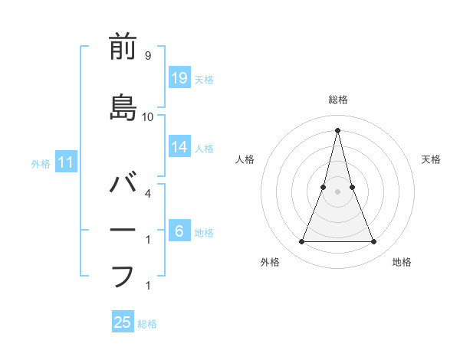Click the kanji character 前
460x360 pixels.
pyautogui.click(x=123, y=47)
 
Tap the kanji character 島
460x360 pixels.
pyautogui.click(x=123, y=107)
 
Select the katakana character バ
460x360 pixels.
pyautogui.click(x=123, y=185)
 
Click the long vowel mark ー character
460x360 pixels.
pyautogui.click(x=123, y=231)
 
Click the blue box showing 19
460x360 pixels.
pyautogui.click(x=179, y=77)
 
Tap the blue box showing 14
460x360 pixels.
pyautogui.click(x=179, y=146)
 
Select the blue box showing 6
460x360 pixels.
pyautogui.click(x=179, y=231)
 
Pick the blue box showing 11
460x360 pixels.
pyautogui.click(x=67, y=162)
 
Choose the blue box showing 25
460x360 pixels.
pyautogui.click(x=123, y=322)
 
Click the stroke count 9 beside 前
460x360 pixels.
pyautogui.click(x=147, y=56)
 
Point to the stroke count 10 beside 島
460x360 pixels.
pyautogui.click(x=147, y=116)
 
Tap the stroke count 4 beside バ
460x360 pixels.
pyautogui.click(x=147, y=193)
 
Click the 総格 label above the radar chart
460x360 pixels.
pyautogui.click(x=338, y=100)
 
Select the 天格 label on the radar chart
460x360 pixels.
pyautogui.click(x=431, y=159)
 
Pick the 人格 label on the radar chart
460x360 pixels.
pyautogui.click(x=245, y=159)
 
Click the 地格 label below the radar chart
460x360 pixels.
pyautogui.click(x=402, y=262)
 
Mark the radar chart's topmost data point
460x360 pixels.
pyautogui.click(x=338, y=129)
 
